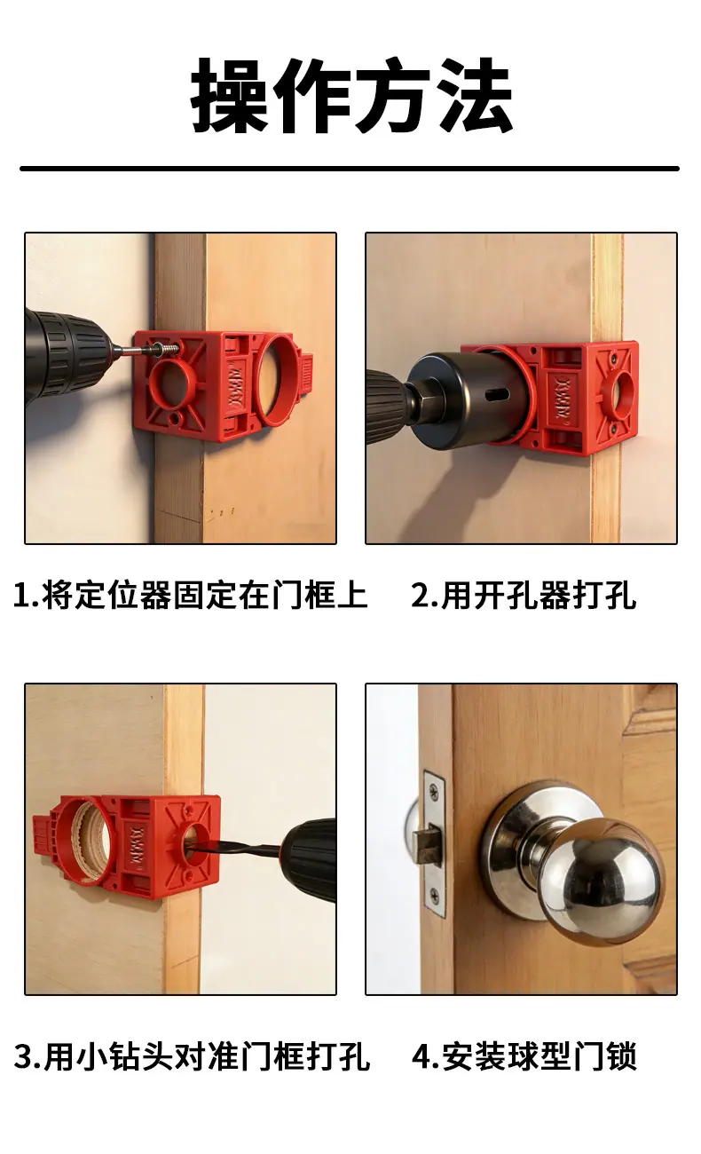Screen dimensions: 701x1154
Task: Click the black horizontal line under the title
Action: (x=350, y=169)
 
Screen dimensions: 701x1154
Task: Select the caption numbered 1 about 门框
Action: (x=190, y=596)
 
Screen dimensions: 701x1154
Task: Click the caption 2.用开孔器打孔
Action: (x=524, y=596)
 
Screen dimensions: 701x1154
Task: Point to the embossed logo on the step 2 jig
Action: (x=563, y=397)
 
